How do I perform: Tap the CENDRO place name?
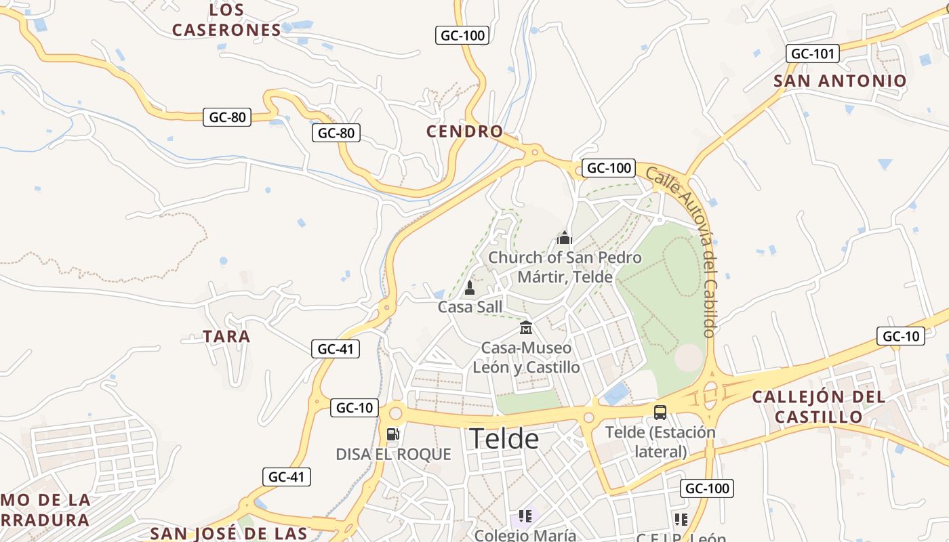[465, 131]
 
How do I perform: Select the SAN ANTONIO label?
[840, 81]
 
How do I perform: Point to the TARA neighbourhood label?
[226, 336]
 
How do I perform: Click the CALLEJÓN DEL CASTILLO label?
[818, 406]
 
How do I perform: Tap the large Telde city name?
[504, 439]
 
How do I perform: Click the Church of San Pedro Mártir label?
[565, 267]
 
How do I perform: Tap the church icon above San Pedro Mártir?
[565, 238]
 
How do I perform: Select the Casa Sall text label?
[470, 308]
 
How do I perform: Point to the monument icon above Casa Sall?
[469, 289]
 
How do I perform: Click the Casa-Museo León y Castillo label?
[526, 358]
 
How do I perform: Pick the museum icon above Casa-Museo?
[525, 329]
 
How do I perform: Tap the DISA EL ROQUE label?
[393, 454]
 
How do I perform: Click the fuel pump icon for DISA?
[392, 434]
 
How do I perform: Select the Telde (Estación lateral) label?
[660, 442]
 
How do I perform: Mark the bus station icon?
[660, 412]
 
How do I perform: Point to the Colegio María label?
[525, 535]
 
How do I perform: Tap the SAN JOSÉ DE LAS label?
[229, 533]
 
